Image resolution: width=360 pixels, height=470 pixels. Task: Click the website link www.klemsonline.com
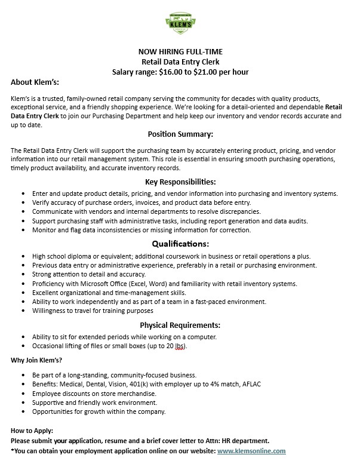coord(251,451)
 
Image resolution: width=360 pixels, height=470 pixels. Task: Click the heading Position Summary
coord(180,134)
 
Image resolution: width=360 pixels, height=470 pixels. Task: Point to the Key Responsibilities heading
coord(180,182)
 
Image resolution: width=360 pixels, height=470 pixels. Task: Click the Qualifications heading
coord(180,244)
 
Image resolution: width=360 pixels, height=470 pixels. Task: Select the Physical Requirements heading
coord(180,325)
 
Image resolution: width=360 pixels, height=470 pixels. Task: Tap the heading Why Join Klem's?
coord(36,360)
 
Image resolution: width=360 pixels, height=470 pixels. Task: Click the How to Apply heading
coord(31,431)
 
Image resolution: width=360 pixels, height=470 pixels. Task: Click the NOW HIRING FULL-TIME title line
coord(180,51)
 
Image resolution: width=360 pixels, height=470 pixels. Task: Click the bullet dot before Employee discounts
coord(23,394)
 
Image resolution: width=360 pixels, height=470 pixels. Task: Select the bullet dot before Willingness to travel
coord(23,311)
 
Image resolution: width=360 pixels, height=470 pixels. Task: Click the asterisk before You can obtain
coord(13,451)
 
